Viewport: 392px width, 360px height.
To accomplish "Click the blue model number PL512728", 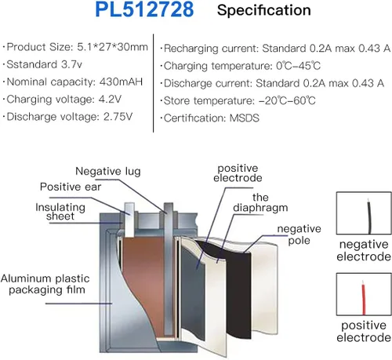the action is [144, 9].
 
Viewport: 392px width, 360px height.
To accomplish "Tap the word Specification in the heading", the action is [264, 11].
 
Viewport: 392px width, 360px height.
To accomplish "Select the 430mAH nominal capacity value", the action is [121, 82].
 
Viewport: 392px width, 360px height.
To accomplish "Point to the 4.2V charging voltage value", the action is [110, 100].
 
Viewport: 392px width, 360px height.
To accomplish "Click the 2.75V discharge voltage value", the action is [118, 117].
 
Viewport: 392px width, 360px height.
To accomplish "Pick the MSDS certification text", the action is [245, 118].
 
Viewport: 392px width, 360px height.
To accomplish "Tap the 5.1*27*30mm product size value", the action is [112, 47].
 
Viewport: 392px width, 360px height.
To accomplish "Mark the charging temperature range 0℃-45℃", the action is [298, 66].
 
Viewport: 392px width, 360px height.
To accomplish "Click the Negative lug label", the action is [108, 172].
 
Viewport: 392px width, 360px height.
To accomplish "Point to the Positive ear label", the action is [71, 187].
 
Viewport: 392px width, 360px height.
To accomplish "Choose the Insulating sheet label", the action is [60, 212].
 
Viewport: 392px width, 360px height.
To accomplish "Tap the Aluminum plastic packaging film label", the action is [45, 284].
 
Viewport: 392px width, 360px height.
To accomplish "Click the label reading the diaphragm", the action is [260, 203].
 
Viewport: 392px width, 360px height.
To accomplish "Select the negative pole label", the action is [299, 235].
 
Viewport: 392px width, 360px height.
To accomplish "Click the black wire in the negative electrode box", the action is [369, 216].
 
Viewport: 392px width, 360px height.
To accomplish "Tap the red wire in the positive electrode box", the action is [364, 298].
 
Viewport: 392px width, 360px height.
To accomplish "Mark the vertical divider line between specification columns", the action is [153, 83].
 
